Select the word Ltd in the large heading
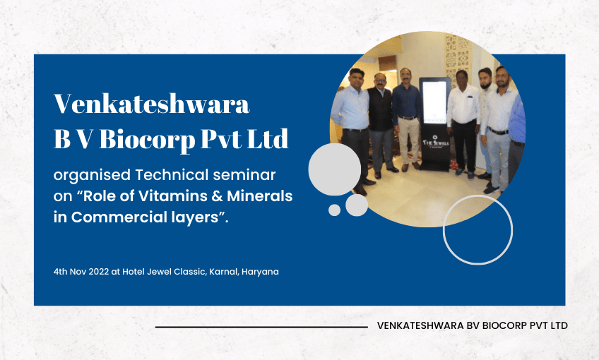[269, 139]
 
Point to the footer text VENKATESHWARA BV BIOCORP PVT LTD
[473, 325]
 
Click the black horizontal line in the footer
[261, 327]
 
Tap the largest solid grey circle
[334, 168]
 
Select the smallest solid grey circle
[335, 210]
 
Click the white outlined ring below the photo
[478, 229]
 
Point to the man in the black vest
[381, 120]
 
